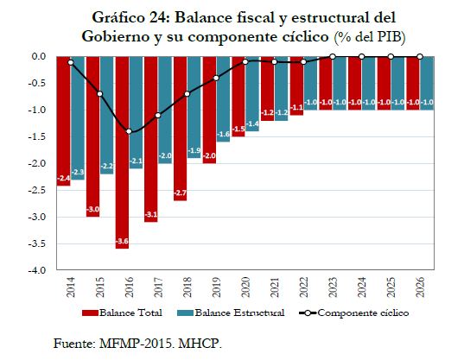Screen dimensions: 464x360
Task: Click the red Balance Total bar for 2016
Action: [122, 153]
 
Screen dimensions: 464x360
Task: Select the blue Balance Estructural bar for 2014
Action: [78, 118]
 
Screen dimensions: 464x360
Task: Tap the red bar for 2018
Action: [181, 129]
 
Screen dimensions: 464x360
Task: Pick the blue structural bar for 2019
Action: [223, 99]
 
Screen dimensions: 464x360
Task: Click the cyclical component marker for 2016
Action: [129, 131]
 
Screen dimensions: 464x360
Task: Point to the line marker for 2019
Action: [216, 78]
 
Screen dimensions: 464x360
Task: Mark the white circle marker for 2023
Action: [333, 56]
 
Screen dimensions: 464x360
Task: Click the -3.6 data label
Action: [122, 241]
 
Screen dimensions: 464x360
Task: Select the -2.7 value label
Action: [181, 193]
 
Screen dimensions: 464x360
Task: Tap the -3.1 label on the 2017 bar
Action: [151, 215]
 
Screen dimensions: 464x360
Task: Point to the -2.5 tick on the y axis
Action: [36, 190]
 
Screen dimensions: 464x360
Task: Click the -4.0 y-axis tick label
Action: [36, 270]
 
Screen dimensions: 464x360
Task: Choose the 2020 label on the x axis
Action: [245, 287]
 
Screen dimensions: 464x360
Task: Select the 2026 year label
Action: [420, 287]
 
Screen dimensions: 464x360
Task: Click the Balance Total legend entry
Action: [122, 313]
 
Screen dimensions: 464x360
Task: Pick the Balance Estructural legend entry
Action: [231, 313]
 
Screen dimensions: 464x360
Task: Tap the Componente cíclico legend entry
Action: [354, 313]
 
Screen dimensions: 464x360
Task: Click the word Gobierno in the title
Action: [116, 36]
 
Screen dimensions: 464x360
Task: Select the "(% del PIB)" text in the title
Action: [370, 37]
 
